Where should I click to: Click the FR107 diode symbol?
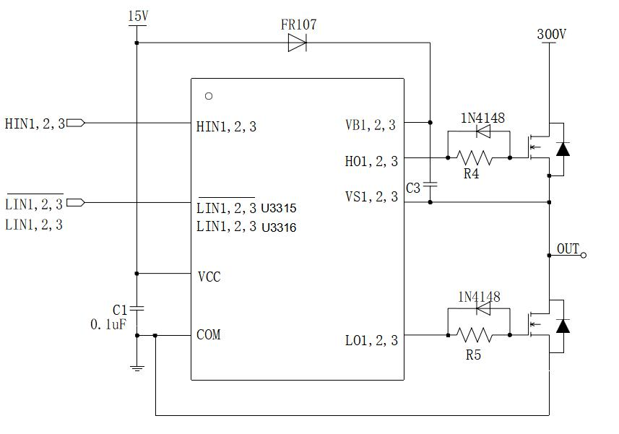click(297, 43)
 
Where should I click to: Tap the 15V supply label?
click(137, 15)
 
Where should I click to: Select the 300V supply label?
click(551, 33)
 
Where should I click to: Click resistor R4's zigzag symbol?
click(474, 157)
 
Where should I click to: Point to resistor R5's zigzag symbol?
click(474, 335)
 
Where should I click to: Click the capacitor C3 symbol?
click(430, 186)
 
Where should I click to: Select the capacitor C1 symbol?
click(137, 308)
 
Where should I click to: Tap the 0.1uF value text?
click(108, 325)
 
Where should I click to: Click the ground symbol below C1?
click(137, 368)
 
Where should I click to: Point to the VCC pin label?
click(209, 277)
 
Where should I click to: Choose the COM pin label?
click(209, 334)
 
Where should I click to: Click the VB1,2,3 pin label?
click(371, 125)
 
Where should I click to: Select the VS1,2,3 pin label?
click(371, 196)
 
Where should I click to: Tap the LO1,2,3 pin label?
click(371, 340)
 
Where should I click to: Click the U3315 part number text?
click(279, 209)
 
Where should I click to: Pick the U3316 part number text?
click(279, 227)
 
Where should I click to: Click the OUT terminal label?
click(568, 249)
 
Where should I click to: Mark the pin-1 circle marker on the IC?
click(209, 95)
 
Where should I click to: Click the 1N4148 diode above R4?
click(482, 131)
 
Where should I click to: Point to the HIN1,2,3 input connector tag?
click(75, 123)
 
